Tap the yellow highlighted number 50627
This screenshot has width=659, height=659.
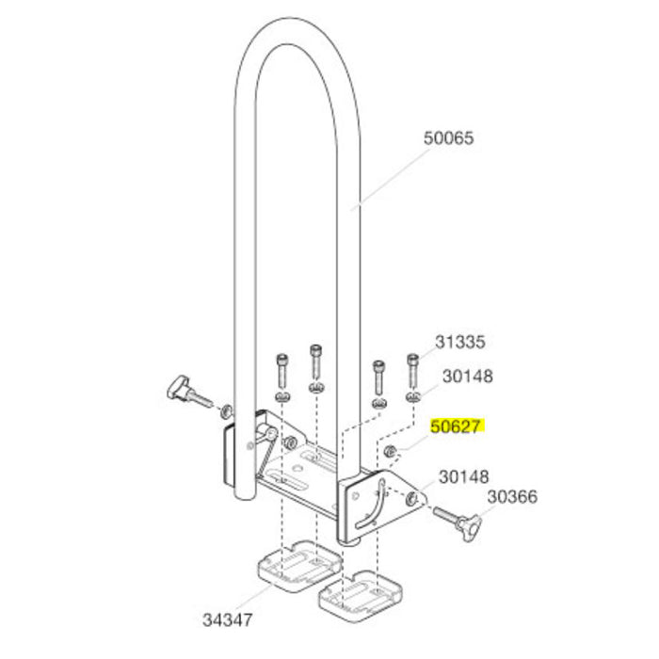pos(457,426)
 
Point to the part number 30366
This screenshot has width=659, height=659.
pos(513,496)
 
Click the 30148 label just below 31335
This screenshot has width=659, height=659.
pos(468,377)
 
